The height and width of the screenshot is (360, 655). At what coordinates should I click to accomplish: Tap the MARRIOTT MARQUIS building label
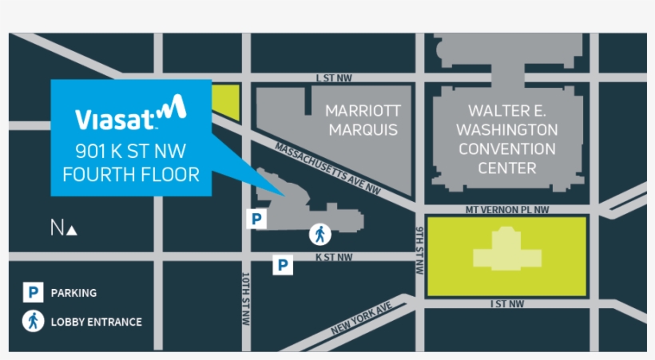pos(363,120)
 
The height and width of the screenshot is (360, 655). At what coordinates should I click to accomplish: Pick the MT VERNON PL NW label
pos(508,210)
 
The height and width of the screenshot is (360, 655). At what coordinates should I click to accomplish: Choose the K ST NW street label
pos(333,257)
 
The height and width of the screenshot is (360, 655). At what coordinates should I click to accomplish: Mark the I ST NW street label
pos(506,304)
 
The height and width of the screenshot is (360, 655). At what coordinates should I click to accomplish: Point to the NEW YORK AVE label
pos(361,318)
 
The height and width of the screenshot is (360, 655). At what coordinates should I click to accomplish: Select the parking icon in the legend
pos(32,293)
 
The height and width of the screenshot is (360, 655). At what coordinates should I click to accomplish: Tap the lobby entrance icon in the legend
pos(32,322)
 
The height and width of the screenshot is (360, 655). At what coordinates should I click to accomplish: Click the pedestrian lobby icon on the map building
pos(320,235)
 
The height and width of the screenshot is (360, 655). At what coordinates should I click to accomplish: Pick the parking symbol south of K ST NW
pos(283,265)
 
